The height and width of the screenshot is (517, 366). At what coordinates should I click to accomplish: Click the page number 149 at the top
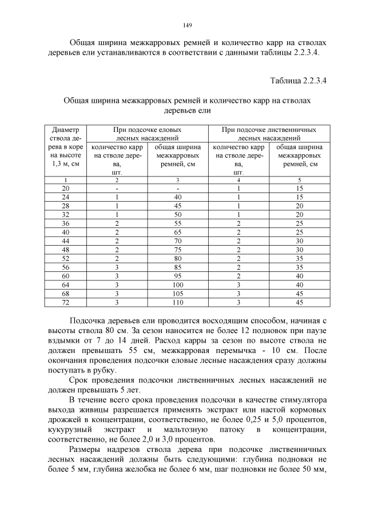pyautogui.click(x=187, y=25)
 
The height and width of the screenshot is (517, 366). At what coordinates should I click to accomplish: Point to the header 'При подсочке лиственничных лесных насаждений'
pyautogui.click(x=268, y=134)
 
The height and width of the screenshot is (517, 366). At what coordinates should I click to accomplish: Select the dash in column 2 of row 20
pyautogui.click(x=117, y=188)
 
